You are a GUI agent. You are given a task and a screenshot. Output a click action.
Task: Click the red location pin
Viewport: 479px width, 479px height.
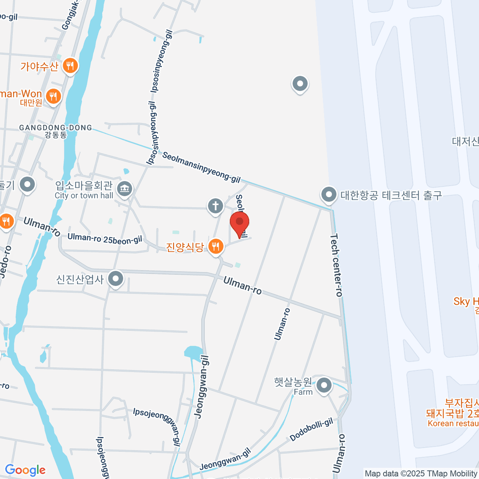pyautogui.click(x=239, y=223)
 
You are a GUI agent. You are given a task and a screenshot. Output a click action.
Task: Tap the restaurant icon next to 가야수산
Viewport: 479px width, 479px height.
pyautogui.click(x=70, y=65)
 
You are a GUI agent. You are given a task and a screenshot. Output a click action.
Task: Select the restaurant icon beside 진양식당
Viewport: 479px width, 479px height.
pyautogui.click(x=216, y=246)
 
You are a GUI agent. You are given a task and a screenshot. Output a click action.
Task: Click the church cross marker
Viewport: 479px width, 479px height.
pyautogui.click(x=215, y=206)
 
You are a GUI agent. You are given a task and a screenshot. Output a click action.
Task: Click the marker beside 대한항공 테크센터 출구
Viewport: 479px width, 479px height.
pyautogui.click(x=329, y=195)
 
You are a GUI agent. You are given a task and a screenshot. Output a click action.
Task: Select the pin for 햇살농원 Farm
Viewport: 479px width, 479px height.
pyautogui.click(x=324, y=386)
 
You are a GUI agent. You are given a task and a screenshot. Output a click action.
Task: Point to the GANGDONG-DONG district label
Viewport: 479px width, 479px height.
pyautogui.click(x=55, y=128)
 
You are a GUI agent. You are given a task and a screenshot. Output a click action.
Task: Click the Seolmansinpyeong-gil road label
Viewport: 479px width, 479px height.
pyautogui.click(x=202, y=167)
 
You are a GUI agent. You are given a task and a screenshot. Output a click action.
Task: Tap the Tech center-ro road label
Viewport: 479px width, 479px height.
pyautogui.click(x=336, y=265)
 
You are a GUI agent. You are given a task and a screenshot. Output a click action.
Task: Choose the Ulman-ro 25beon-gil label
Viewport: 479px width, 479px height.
pyautogui.click(x=105, y=239)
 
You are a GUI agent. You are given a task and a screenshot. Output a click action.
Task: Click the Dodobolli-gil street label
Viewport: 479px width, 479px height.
pyautogui.click(x=311, y=430)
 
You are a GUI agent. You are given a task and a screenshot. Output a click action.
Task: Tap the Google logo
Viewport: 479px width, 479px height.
pyautogui.click(x=25, y=470)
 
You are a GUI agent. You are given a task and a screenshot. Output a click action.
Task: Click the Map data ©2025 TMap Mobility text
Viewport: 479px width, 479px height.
pyautogui.click(x=421, y=474)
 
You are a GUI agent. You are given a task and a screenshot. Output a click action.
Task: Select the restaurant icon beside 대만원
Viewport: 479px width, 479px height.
pyautogui.click(x=53, y=96)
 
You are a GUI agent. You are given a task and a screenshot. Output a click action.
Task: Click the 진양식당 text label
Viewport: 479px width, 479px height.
pyautogui.click(x=185, y=247)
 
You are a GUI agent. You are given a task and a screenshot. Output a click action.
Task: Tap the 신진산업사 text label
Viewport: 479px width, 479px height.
pyautogui.click(x=80, y=279)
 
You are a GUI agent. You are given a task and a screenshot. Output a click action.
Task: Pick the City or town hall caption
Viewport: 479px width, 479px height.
pyautogui.click(x=84, y=196)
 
